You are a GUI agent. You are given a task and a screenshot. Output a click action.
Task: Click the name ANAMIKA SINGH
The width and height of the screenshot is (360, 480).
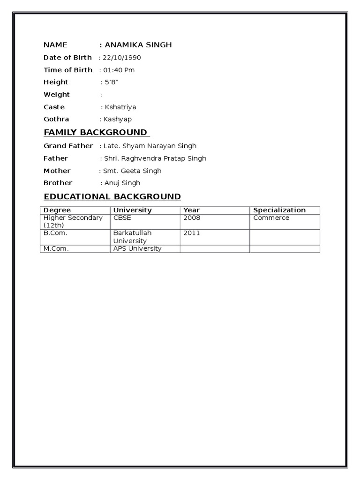(138, 45)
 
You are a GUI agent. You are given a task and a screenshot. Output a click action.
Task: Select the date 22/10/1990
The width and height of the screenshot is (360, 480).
(122, 58)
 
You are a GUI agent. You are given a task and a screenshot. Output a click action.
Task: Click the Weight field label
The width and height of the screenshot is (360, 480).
(57, 95)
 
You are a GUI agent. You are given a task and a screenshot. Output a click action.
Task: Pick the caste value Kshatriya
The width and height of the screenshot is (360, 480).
(120, 107)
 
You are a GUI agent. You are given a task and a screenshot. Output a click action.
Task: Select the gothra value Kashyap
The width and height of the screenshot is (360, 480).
(118, 119)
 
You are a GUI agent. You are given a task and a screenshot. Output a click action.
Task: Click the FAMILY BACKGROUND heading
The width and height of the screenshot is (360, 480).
(95, 132)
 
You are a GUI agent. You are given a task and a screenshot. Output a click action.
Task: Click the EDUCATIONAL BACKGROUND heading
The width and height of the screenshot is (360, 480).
(112, 196)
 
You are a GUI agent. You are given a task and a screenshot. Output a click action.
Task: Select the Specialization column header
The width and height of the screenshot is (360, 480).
(279, 210)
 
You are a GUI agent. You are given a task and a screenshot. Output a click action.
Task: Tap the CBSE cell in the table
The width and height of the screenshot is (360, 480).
(121, 218)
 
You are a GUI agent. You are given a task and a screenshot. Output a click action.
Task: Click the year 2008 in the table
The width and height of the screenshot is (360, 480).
(192, 218)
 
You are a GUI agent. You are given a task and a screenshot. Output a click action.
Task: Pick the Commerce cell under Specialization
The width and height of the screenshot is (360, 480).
(271, 218)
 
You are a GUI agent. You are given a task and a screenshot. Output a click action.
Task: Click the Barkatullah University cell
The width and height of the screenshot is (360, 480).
(133, 237)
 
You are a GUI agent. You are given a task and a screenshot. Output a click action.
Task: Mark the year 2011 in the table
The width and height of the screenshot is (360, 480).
(192, 233)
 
